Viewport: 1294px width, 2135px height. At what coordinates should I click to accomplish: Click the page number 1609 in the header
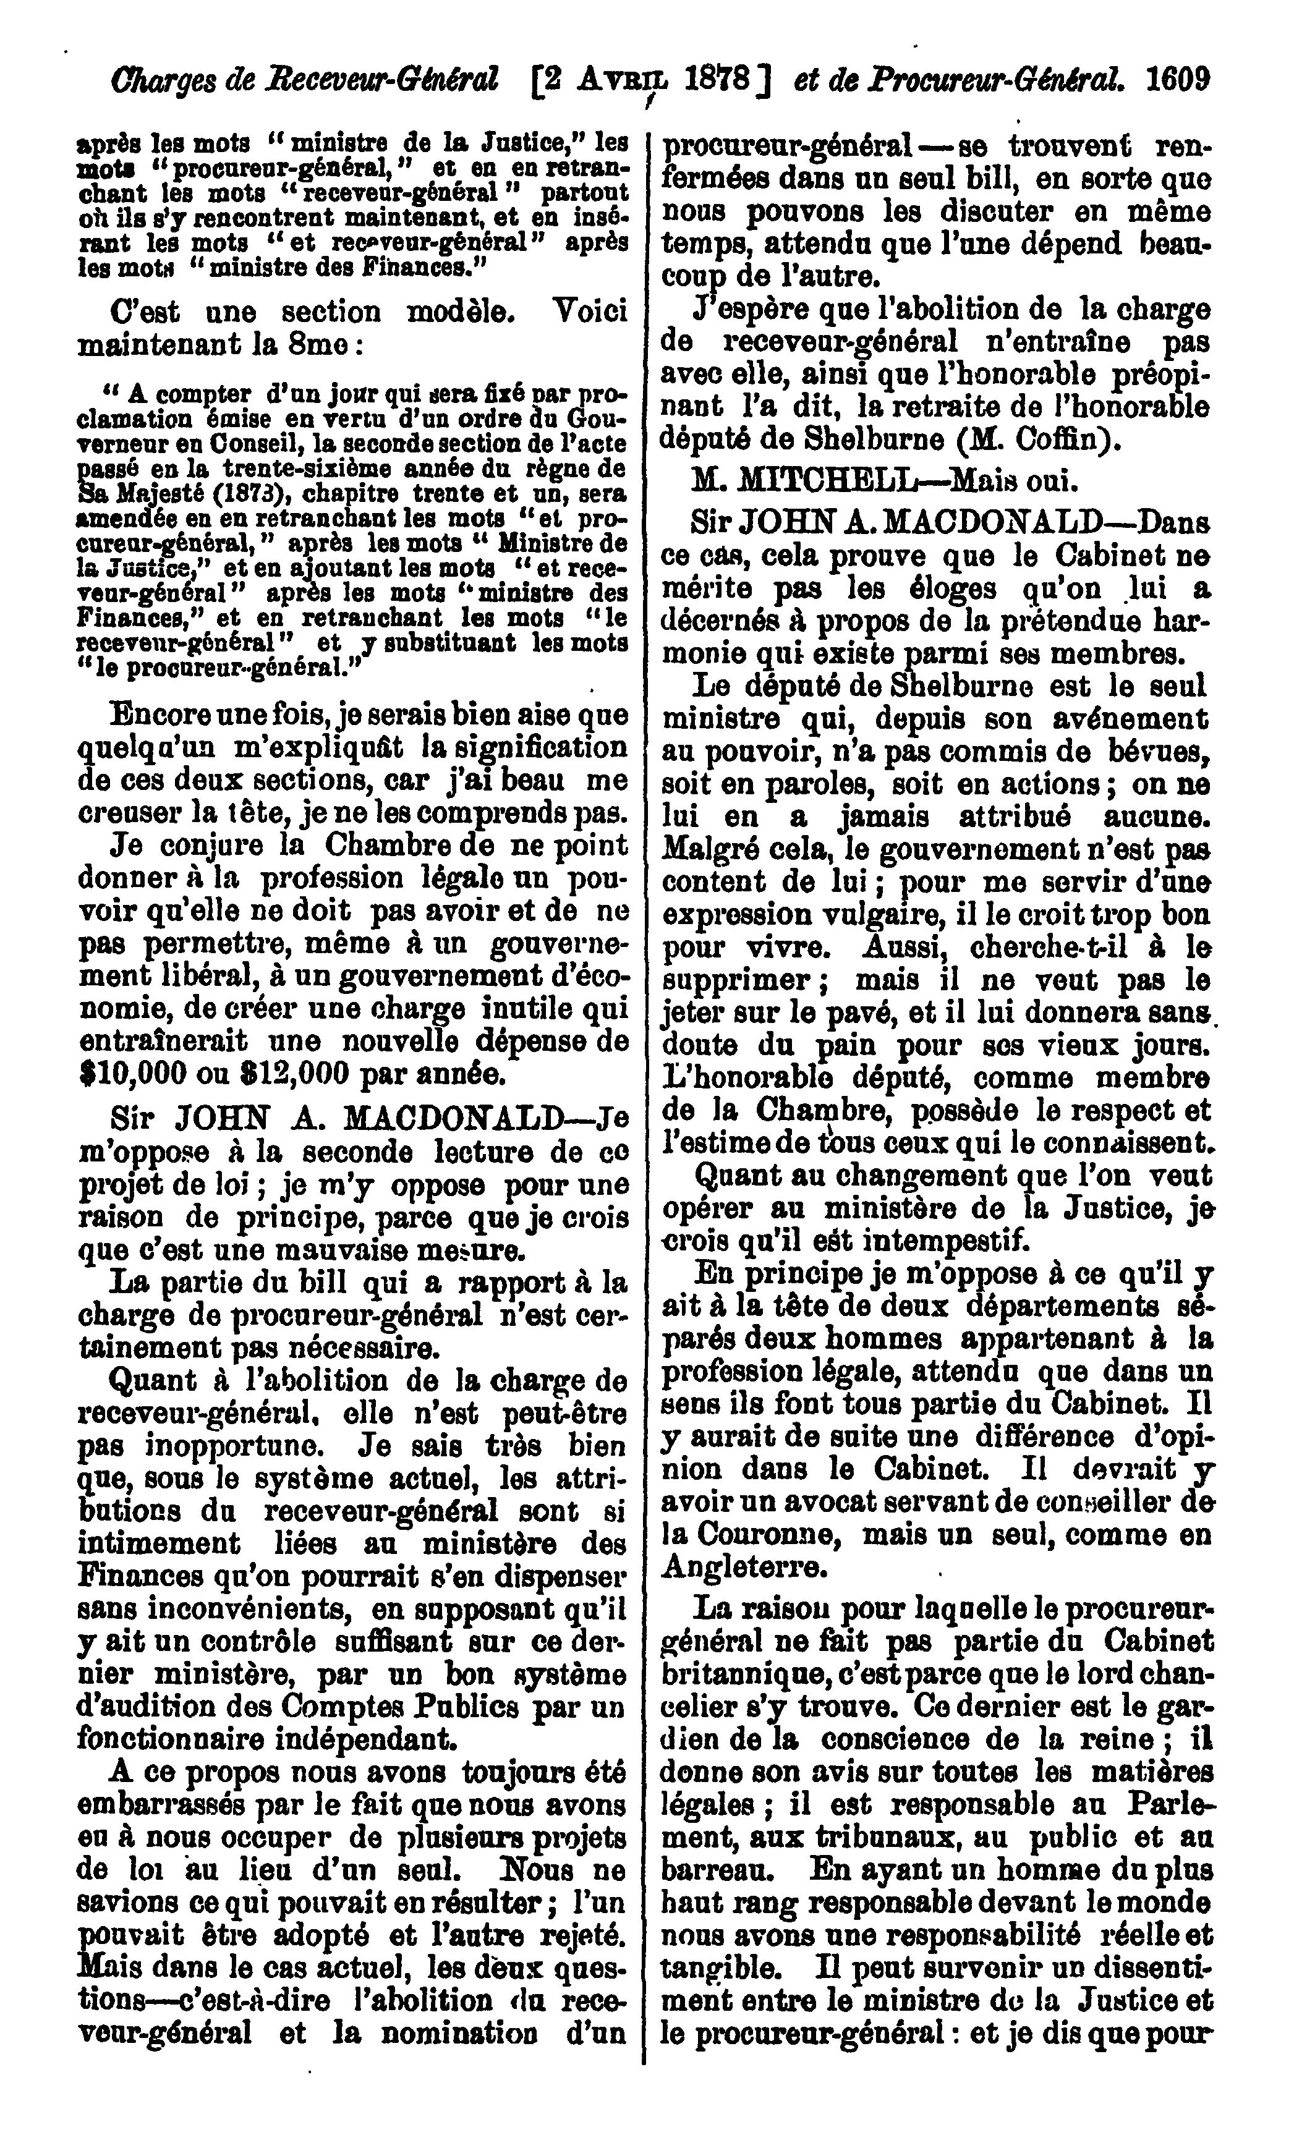click(1177, 82)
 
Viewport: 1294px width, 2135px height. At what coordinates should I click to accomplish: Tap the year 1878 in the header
click(717, 82)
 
